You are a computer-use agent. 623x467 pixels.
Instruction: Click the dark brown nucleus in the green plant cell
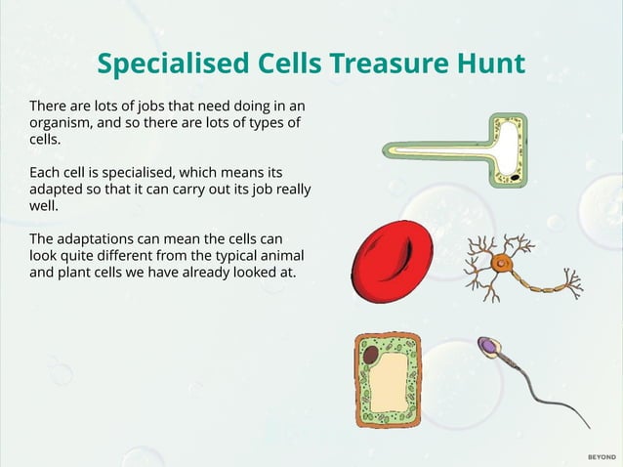click(x=371, y=353)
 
